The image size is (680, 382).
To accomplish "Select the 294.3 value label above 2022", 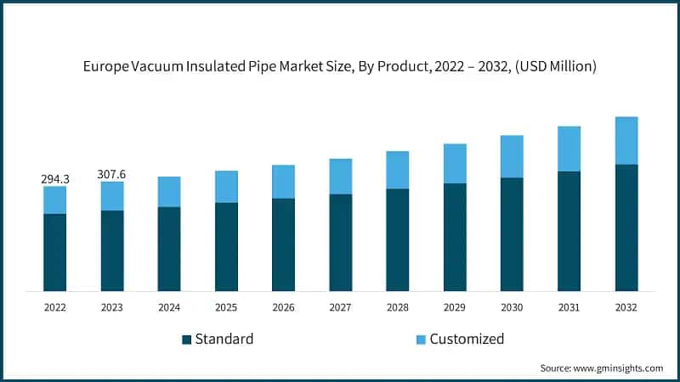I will [x=55, y=179].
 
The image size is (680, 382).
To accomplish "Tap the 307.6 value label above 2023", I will [x=112, y=174].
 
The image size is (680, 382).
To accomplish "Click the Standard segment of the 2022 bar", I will [x=55, y=252].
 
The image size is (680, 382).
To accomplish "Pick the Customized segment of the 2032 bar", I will [x=626, y=141].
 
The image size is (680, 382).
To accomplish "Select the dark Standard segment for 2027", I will [x=341, y=243].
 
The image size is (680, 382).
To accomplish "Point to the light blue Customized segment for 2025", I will [x=226, y=187].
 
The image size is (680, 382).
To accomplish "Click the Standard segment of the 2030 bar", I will [x=512, y=234].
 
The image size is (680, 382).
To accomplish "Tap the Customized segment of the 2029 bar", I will [x=455, y=164].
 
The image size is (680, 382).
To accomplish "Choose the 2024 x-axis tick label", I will [x=169, y=307].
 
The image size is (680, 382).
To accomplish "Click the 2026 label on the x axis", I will [x=283, y=307].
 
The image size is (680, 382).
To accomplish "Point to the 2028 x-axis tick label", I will [x=398, y=307].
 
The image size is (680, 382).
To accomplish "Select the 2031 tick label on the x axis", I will [x=569, y=307].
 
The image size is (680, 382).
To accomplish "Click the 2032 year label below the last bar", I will [x=626, y=307].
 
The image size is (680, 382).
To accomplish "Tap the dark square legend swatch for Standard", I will [x=186, y=340].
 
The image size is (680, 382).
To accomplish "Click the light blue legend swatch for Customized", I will [x=420, y=340].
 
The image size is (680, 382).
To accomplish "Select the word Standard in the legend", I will [x=224, y=340].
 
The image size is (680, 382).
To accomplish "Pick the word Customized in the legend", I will [x=467, y=340].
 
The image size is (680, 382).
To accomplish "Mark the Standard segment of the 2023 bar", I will [x=112, y=250].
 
